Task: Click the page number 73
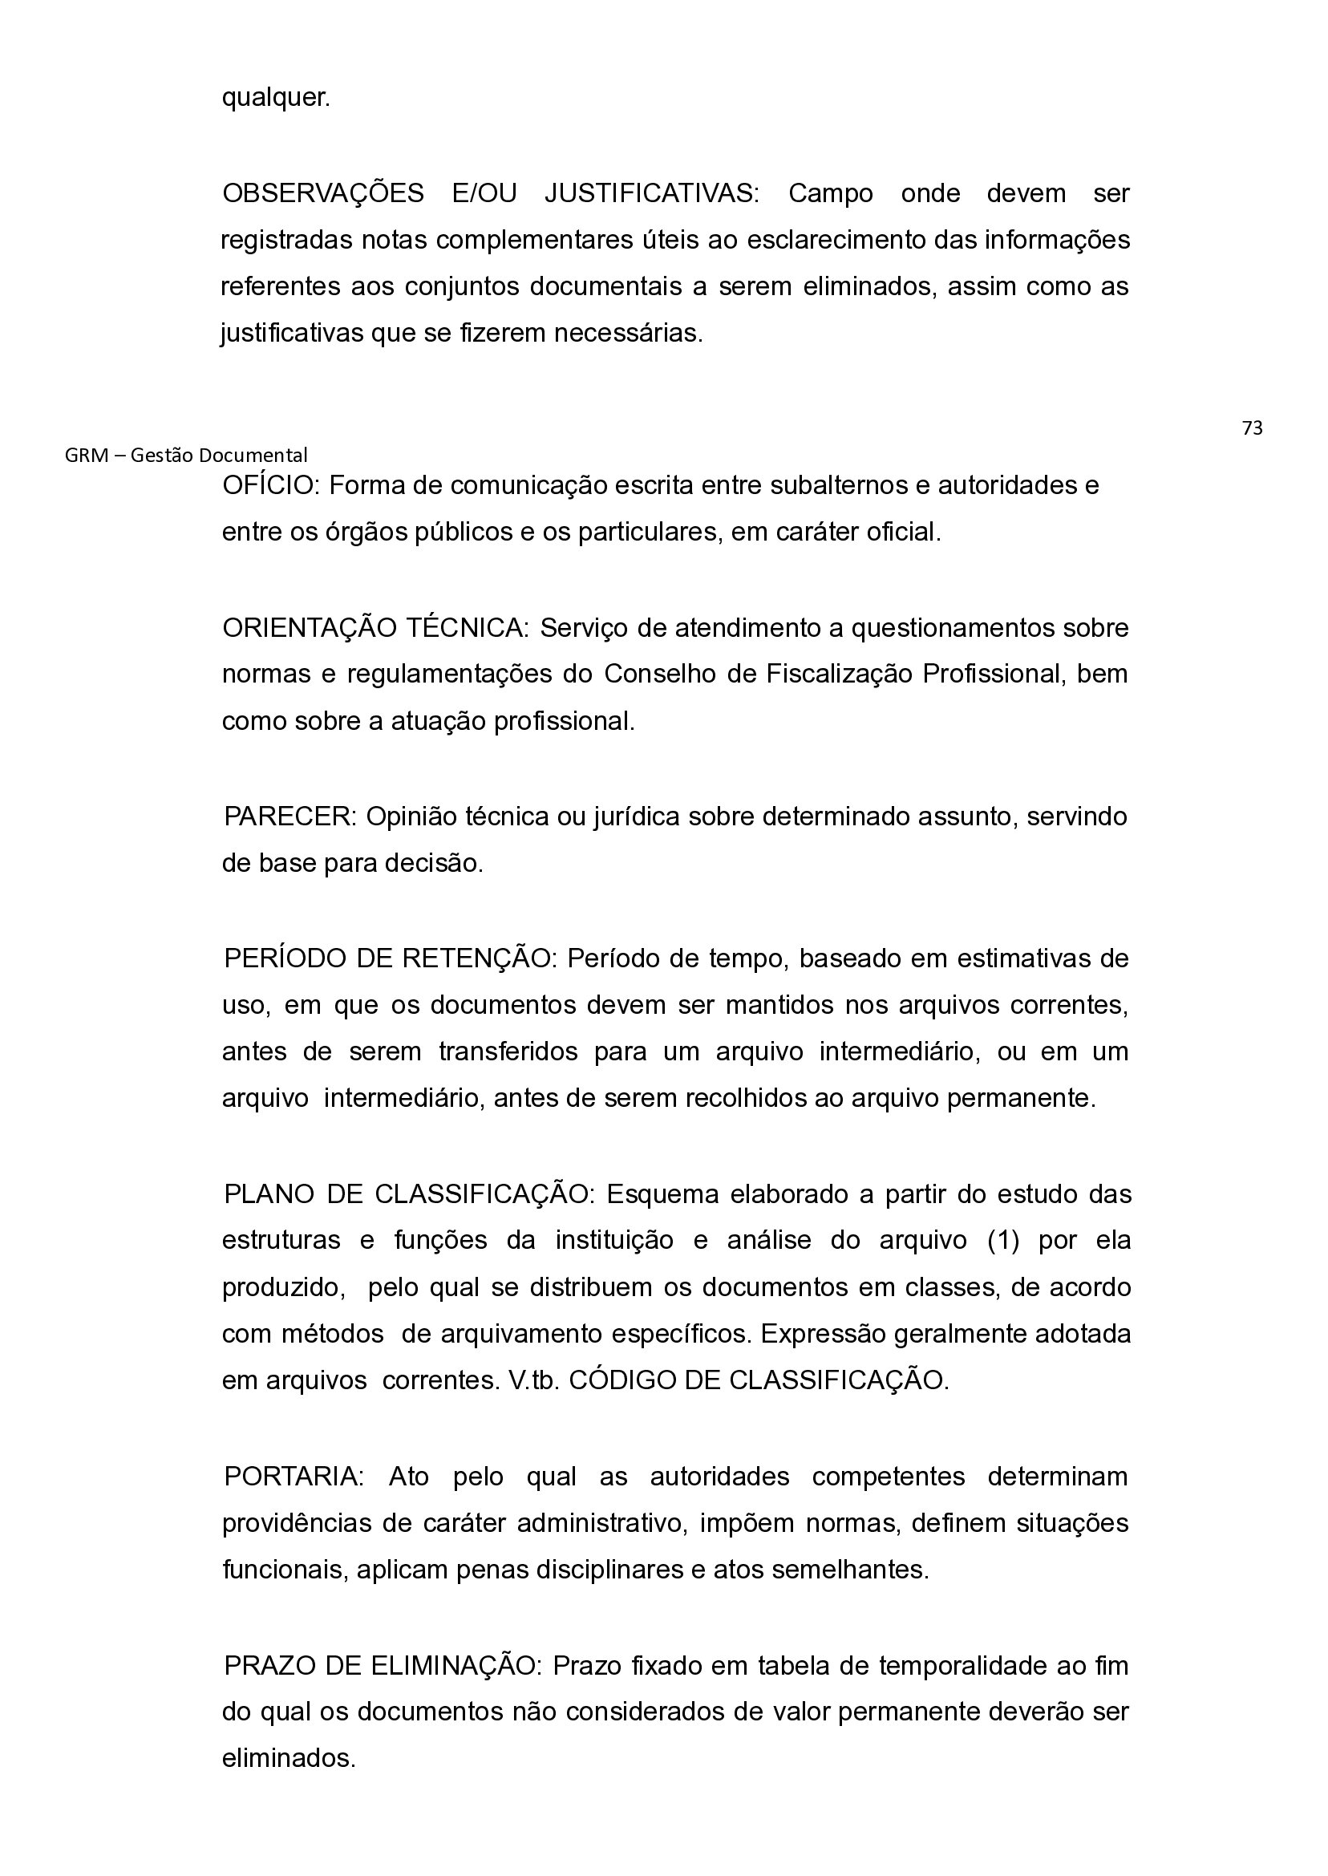[x=1251, y=428]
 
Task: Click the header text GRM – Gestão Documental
[x=185, y=456]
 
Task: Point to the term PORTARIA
[x=293, y=1477]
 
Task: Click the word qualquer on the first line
[x=276, y=98]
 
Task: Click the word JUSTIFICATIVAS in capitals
[x=652, y=194]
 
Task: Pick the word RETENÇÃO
[x=479, y=958]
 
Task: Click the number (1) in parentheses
[x=1003, y=1241]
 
